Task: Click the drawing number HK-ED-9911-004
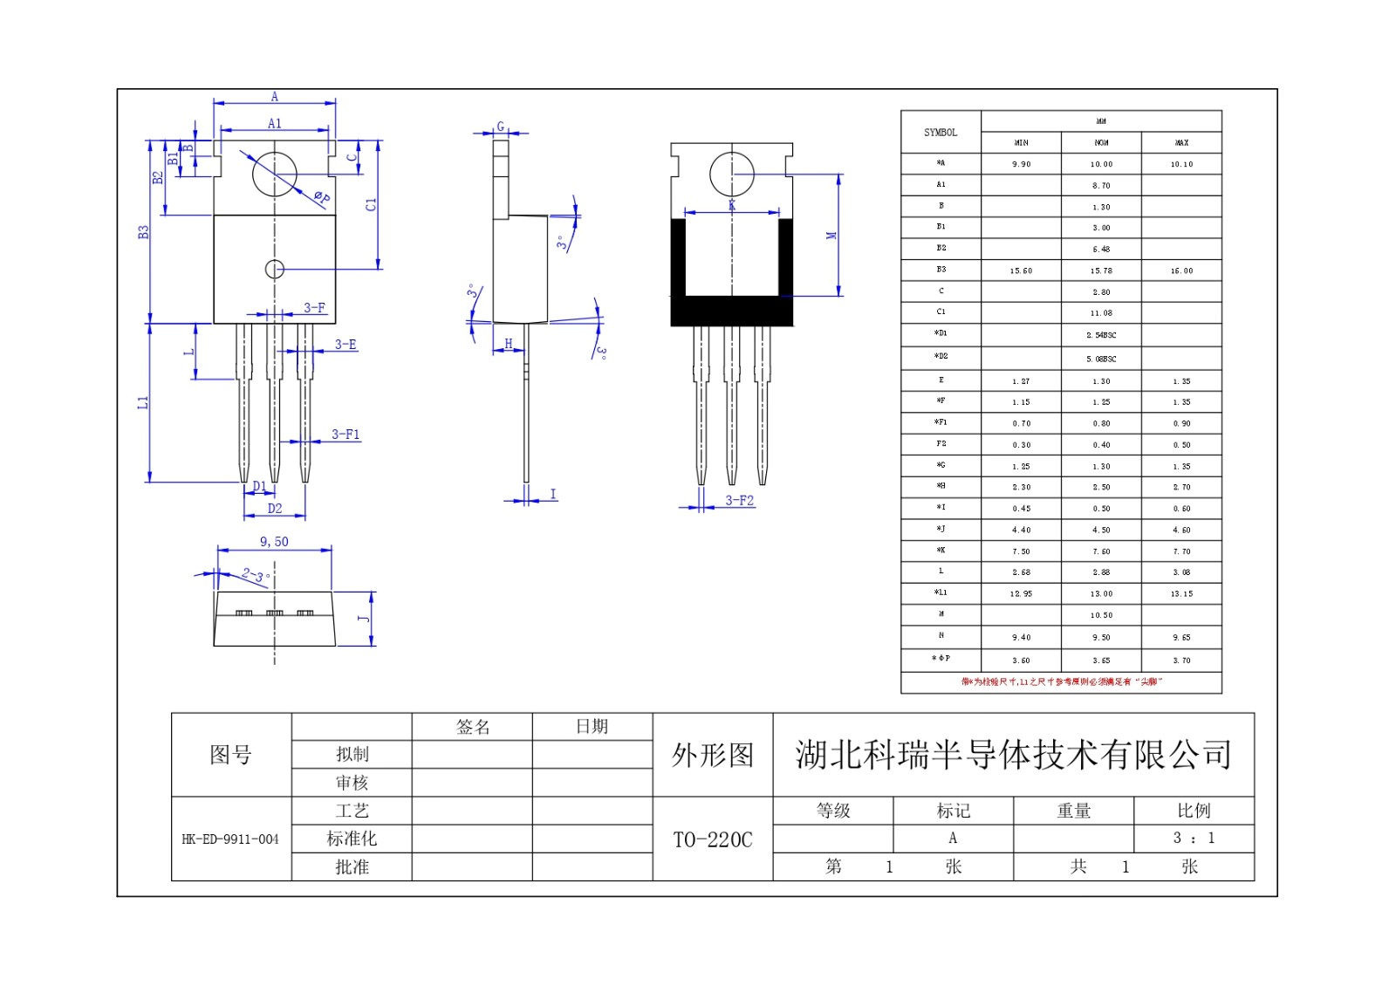230,839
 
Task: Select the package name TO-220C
712,839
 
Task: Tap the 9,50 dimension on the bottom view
274,542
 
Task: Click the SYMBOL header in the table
941,133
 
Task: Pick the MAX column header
1181,143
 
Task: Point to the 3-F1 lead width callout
345,435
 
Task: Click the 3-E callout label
346,345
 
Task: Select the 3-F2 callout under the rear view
739,501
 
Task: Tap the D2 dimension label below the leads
275,509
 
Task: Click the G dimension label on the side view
501,127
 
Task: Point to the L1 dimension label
143,402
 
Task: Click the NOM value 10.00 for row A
1101,164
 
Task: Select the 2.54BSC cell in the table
1101,335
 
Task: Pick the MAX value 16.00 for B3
1181,271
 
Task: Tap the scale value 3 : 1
1194,839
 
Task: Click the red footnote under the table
1061,681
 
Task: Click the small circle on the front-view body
274,269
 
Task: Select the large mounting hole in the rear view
731,175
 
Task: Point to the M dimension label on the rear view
831,236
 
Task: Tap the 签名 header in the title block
473,727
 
